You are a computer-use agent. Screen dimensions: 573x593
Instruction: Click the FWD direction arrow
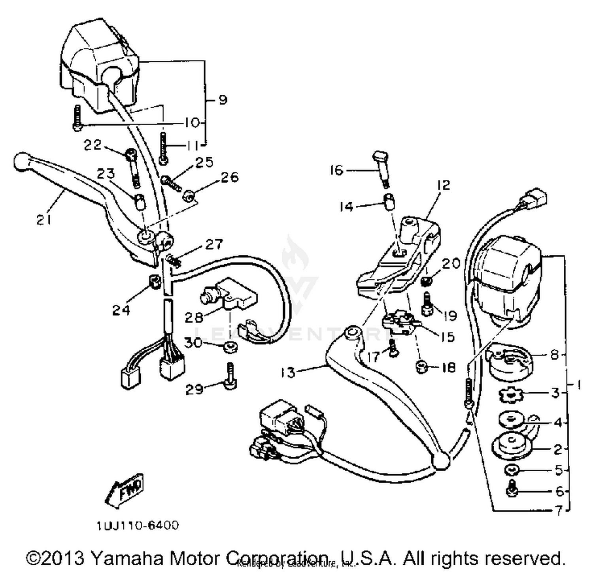126,490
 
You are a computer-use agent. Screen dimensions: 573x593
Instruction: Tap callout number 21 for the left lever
44,220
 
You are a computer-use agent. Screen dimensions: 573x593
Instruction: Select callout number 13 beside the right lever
288,372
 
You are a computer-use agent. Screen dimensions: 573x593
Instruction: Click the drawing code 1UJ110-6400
138,526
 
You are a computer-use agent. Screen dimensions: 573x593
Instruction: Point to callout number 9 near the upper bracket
223,100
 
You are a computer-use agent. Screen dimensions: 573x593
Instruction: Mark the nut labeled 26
190,195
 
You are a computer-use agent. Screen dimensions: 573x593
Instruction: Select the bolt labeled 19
427,304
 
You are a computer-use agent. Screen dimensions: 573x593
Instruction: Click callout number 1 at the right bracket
578,384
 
